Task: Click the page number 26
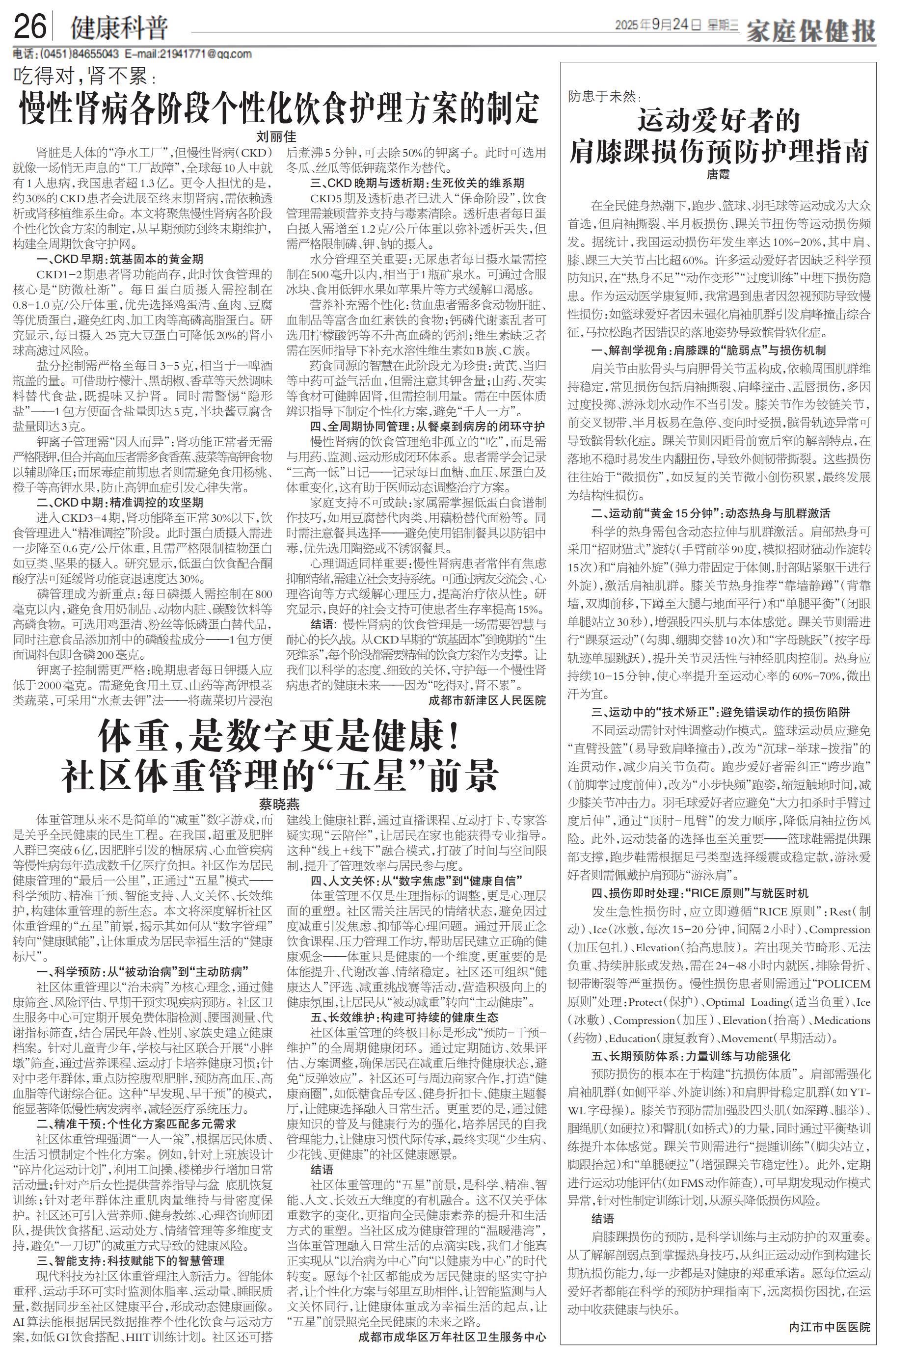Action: [x=29, y=27]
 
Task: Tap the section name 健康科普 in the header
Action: [x=119, y=27]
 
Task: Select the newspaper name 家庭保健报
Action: [x=811, y=30]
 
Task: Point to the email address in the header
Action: [x=189, y=54]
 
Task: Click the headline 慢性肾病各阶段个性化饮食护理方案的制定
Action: [x=279, y=108]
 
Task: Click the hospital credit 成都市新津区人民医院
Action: [x=487, y=700]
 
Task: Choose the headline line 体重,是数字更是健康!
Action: [x=279, y=737]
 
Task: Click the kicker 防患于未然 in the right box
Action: [x=604, y=97]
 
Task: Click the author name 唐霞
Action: [x=718, y=174]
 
